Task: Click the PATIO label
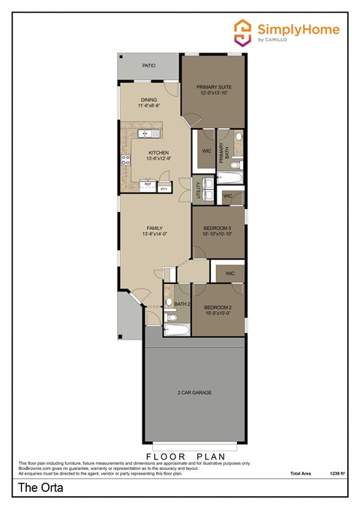click(x=148, y=66)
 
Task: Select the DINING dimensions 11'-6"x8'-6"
click(x=149, y=106)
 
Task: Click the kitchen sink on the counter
click(x=148, y=133)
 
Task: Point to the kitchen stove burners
click(x=124, y=160)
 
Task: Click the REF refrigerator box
click(x=148, y=184)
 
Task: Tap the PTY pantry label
click(x=163, y=190)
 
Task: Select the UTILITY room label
click(x=198, y=187)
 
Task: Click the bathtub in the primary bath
click(x=229, y=178)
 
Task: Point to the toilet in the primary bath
click(x=235, y=165)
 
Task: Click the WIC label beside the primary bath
click(x=205, y=151)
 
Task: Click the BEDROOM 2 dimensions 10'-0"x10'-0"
click(x=217, y=313)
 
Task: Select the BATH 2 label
click(x=181, y=304)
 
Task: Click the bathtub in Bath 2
click(x=178, y=328)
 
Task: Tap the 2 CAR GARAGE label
click(x=194, y=393)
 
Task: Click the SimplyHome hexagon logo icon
click(x=242, y=32)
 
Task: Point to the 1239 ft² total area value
click(x=336, y=474)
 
